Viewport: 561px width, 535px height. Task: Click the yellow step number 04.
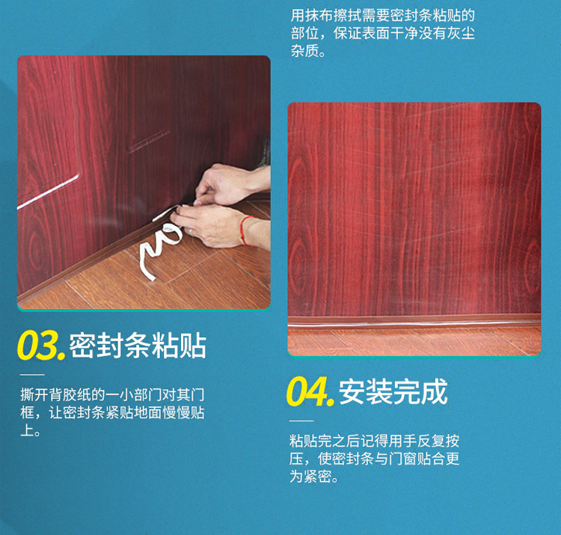pyautogui.click(x=310, y=391)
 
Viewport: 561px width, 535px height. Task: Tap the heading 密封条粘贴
pyautogui.click(x=138, y=346)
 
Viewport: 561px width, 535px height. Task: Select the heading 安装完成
pyautogui.click(x=393, y=391)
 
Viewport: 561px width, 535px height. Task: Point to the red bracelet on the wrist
pyautogui.click(x=244, y=230)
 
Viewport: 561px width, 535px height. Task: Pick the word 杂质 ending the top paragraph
pyautogui.click(x=307, y=53)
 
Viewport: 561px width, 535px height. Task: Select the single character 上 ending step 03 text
pyautogui.click(x=27, y=432)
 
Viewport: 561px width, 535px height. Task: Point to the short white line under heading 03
pyautogui.click(x=32, y=374)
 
